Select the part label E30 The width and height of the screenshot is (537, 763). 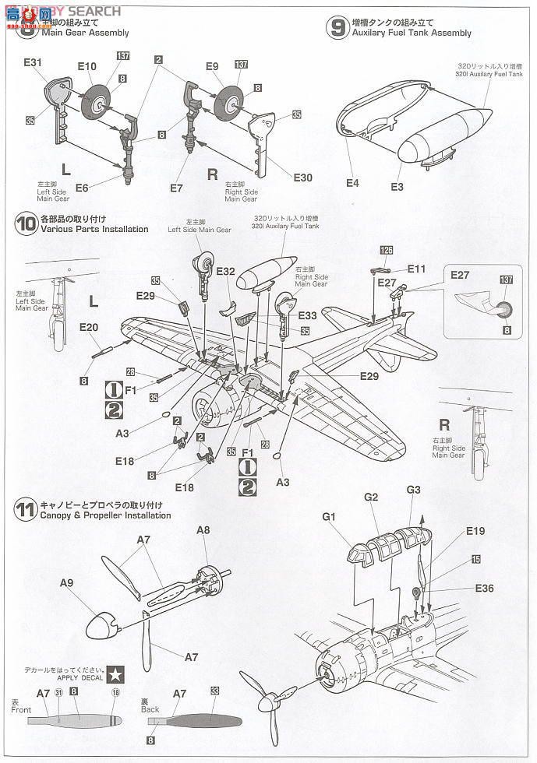[302, 178]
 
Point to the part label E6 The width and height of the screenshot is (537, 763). [81, 187]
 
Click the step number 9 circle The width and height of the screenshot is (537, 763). [336, 28]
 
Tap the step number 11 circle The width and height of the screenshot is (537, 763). [25, 511]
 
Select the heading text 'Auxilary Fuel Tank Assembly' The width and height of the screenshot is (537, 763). [412, 33]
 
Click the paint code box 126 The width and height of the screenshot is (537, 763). [387, 251]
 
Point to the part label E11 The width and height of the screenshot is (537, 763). [417, 269]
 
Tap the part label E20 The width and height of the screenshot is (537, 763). [88, 328]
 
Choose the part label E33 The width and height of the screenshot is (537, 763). [307, 315]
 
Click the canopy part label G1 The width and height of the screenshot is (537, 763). [329, 515]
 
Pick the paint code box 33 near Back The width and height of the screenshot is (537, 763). [215, 691]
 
